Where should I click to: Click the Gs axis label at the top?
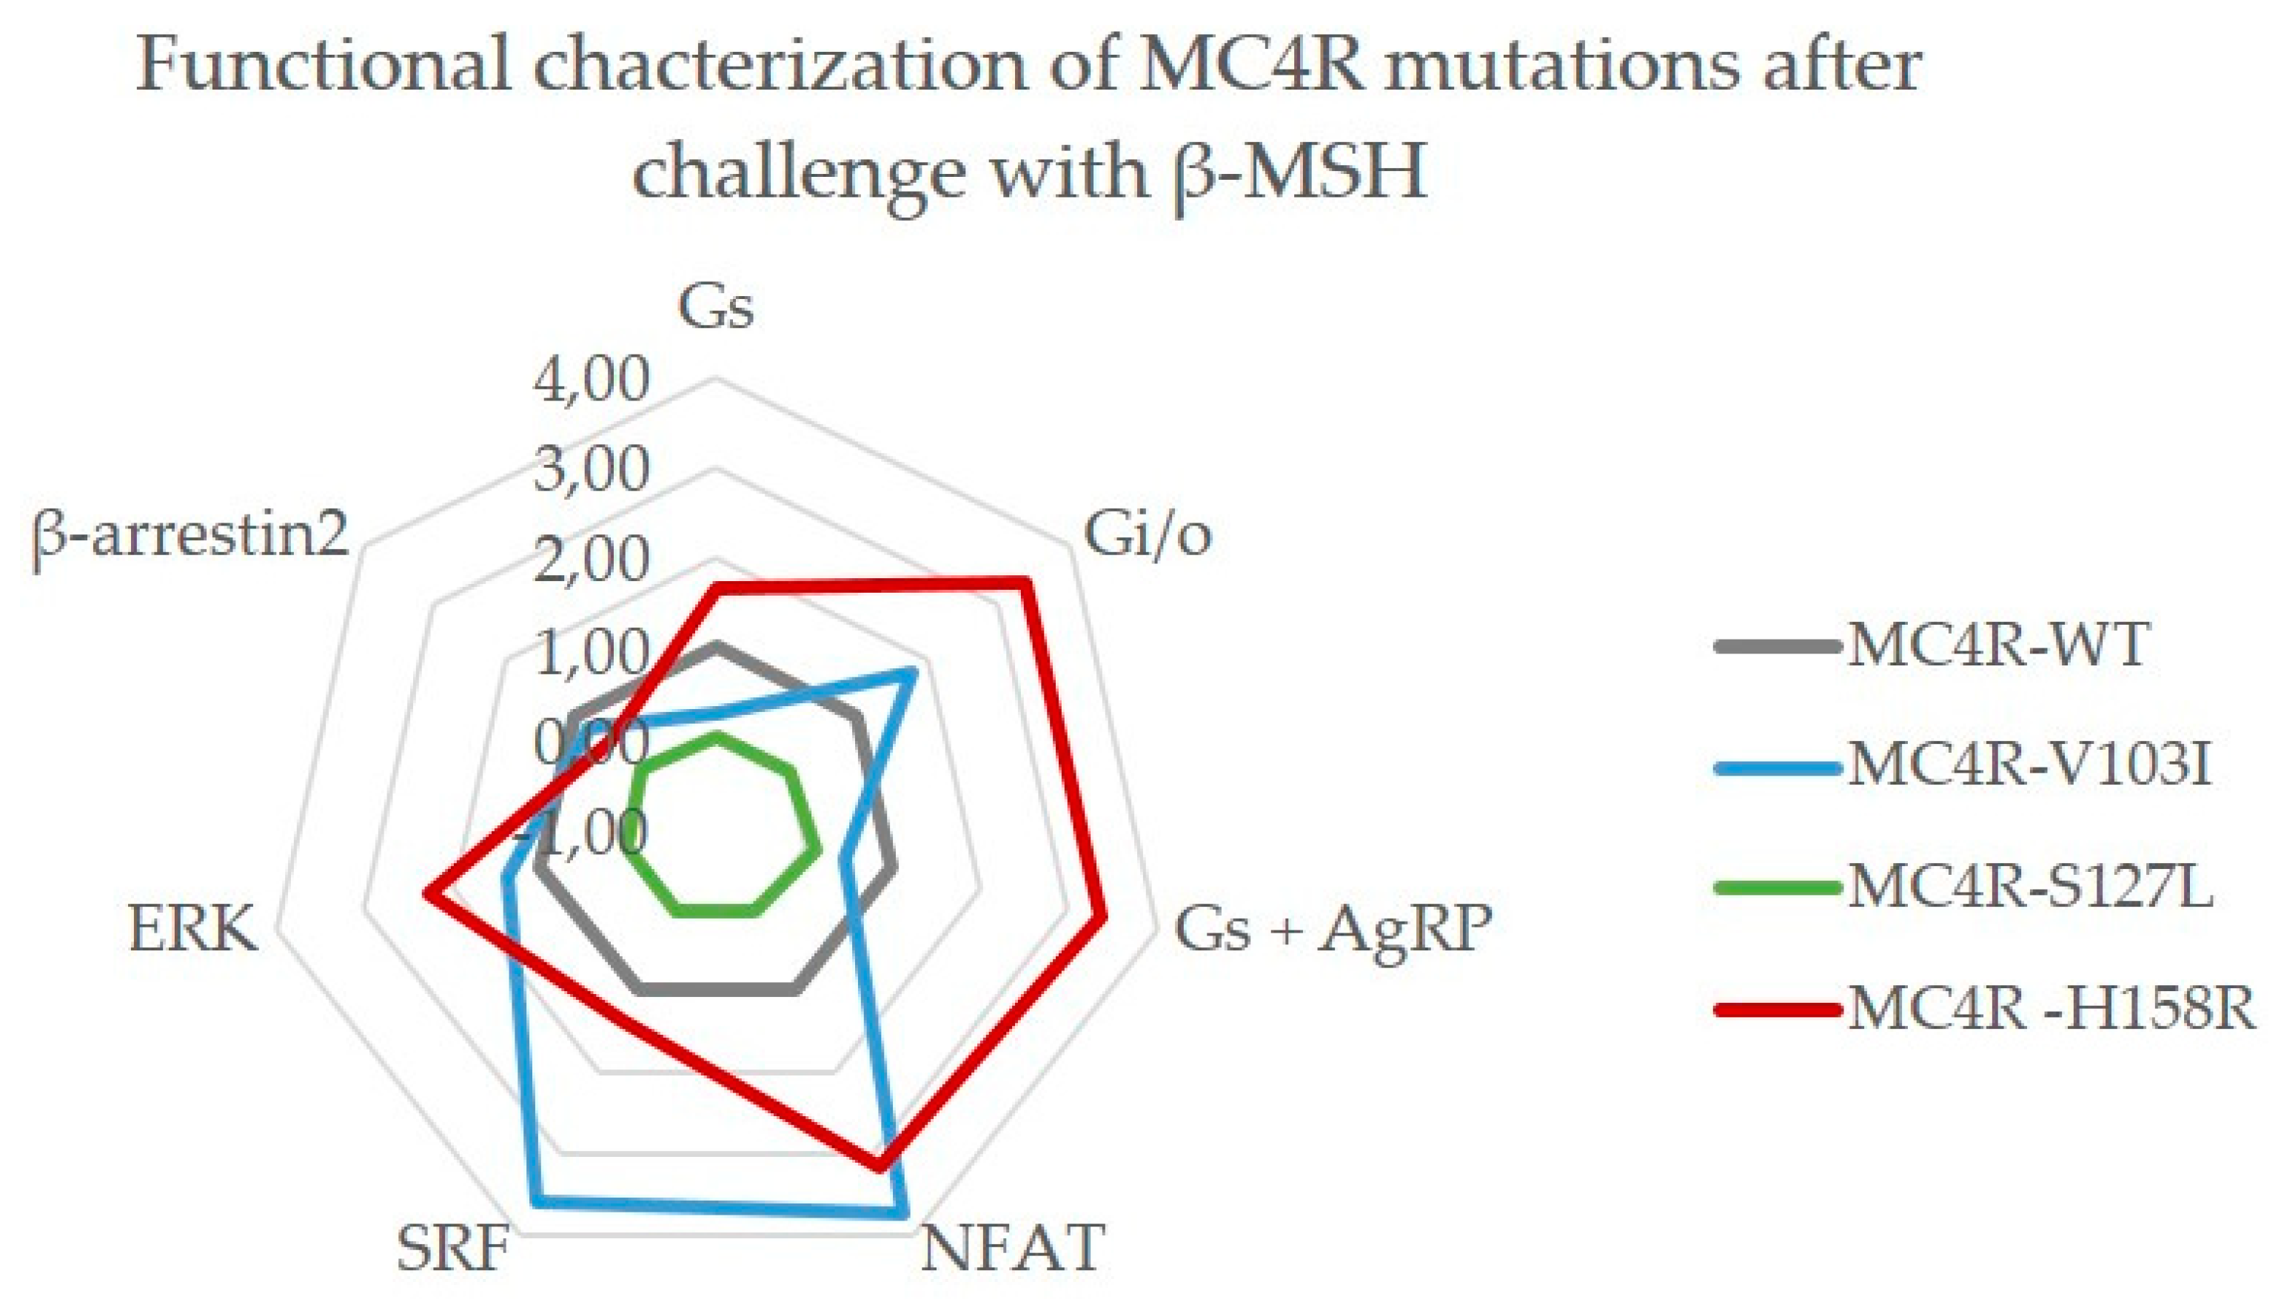coord(716,308)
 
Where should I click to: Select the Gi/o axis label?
coord(1147,536)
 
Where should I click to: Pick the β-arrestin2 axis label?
coord(190,536)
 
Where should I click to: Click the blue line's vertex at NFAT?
coord(905,1213)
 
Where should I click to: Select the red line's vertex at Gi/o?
coord(1026,583)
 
